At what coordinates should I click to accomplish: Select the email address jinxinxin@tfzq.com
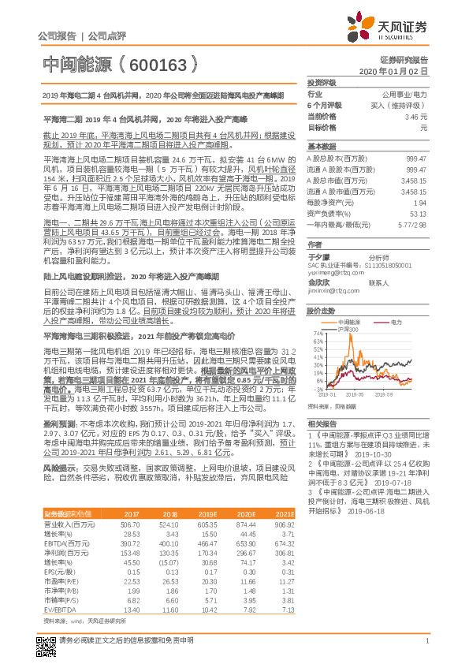tap(333, 291)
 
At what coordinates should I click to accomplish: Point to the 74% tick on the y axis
tap(318, 334)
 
